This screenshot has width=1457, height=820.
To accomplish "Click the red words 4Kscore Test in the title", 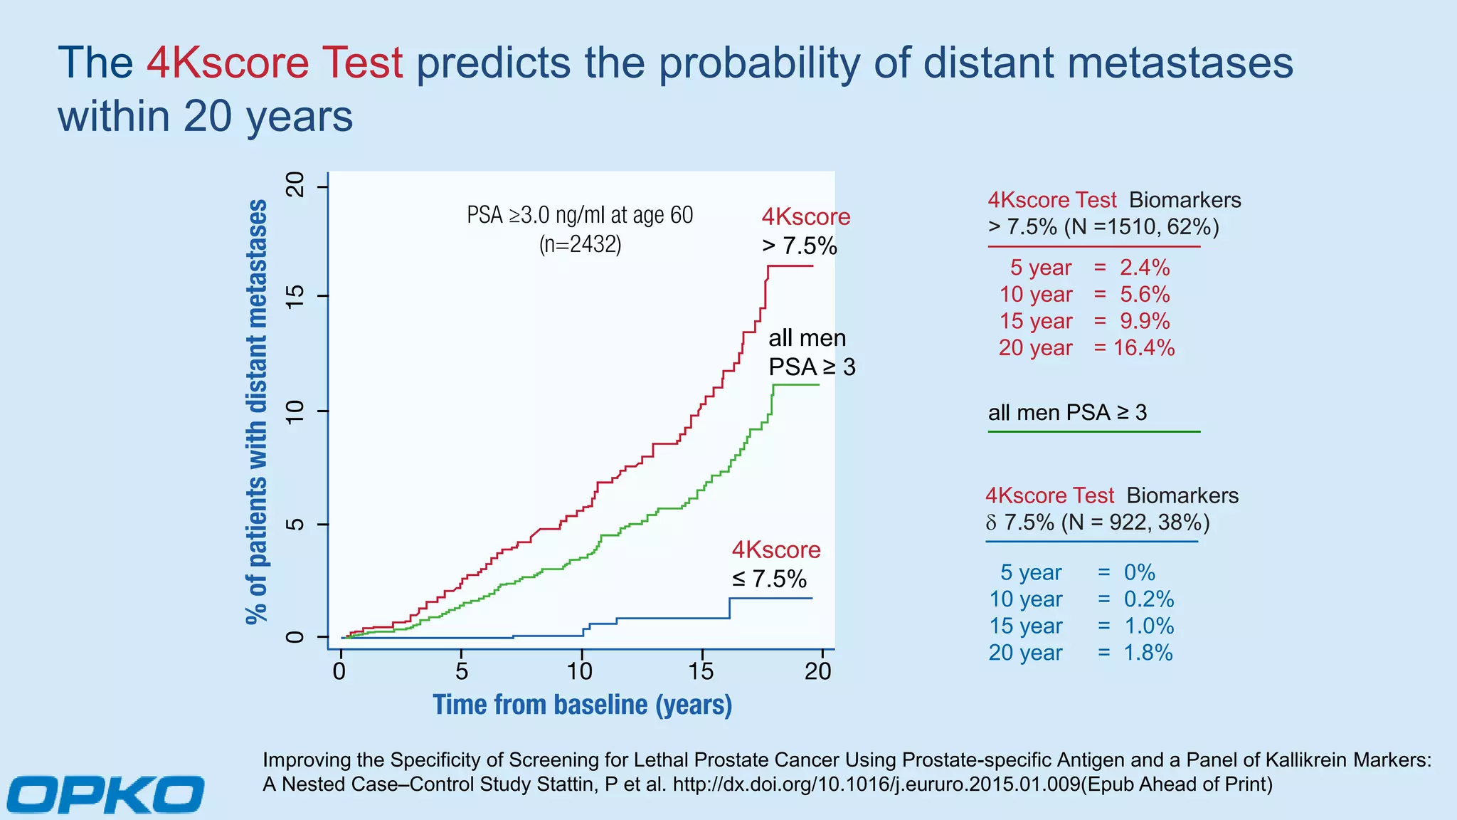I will point(275,63).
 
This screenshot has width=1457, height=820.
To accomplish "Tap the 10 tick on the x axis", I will point(580,671).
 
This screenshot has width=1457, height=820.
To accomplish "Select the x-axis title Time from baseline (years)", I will point(582,705).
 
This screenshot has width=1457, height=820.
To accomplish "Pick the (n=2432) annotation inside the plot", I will point(580,244).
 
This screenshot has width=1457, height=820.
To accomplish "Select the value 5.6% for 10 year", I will point(1144,295).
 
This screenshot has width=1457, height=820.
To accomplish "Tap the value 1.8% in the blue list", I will point(1148,653).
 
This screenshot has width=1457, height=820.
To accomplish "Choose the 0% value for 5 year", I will point(1139,572).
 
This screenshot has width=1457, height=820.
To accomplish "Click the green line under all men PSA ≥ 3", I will point(1093,431).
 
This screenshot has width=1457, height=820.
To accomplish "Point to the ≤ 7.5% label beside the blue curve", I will point(769,579).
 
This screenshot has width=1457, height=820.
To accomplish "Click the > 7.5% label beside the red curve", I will point(799,246).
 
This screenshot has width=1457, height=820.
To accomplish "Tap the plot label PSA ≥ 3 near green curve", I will point(812,367).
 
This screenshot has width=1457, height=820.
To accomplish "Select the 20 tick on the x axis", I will point(818,671).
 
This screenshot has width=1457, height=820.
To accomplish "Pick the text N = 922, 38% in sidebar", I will point(1135,522).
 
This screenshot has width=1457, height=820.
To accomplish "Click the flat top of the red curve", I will point(790,266).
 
